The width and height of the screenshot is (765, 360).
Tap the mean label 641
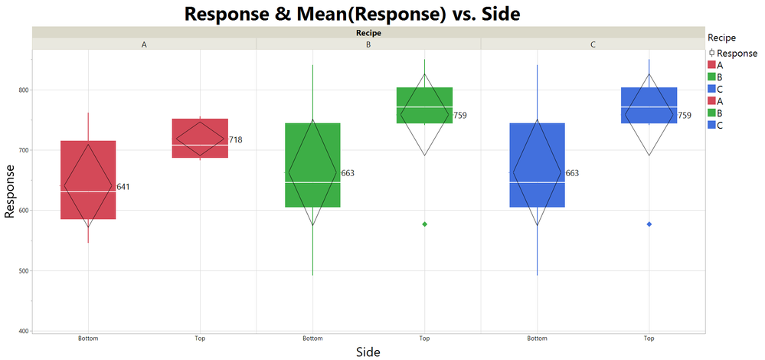(123, 187)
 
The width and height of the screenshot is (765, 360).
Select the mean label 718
(235, 140)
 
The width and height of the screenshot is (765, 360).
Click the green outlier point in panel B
(425, 224)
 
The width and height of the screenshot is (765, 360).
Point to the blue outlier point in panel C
(649, 224)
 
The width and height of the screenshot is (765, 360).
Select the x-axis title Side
(368, 351)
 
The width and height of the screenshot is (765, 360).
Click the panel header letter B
(368, 44)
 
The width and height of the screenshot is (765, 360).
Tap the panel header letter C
(593, 44)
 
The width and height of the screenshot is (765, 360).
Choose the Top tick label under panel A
(200, 338)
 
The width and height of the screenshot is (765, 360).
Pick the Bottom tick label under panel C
(537, 338)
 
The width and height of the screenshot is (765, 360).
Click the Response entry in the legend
(736, 54)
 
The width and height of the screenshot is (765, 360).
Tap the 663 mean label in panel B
(348, 173)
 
